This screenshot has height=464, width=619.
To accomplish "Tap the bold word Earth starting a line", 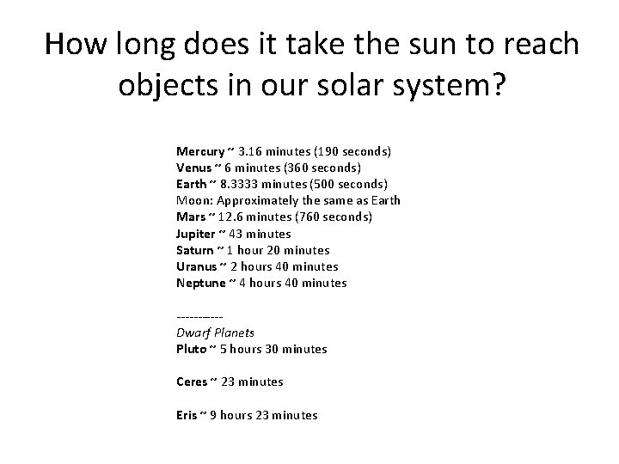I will click(x=192, y=184).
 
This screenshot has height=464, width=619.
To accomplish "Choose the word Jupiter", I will click(x=196, y=234).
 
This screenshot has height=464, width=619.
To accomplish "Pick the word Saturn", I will click(x=195, y=250).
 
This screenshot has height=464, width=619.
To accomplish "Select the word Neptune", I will click(x=200, y=283).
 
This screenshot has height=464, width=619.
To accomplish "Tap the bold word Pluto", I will click(x=191, y=349).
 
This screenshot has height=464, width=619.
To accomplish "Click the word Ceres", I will click(x=192, y=382).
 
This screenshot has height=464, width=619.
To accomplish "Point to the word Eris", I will click(x=187, y=415).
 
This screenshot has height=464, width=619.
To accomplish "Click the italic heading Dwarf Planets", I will click(x=215, y=333).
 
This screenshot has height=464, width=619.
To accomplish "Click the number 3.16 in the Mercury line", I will click(x=254, y=151).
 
